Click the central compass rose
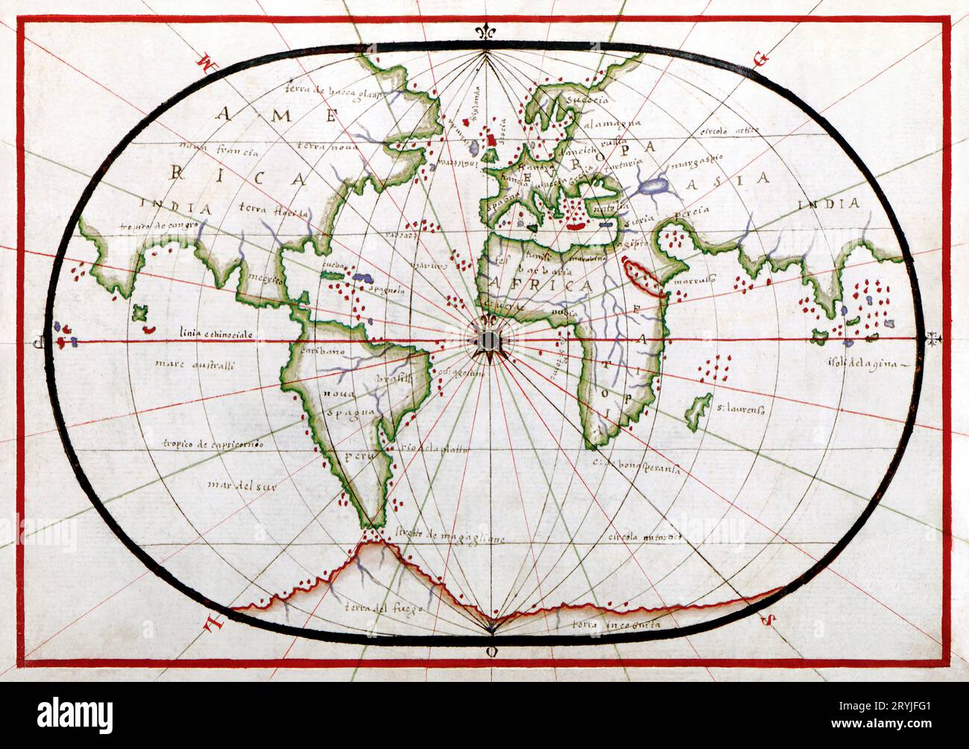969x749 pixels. coord(488,341)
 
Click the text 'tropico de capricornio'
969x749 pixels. coord(213,444)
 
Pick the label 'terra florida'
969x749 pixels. coord(274,211)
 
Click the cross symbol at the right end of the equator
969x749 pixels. coord(930,341)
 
